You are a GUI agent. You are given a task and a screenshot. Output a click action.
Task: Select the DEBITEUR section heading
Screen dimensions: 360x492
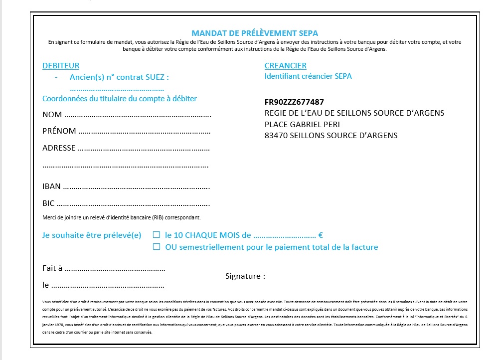(x=61, y=66)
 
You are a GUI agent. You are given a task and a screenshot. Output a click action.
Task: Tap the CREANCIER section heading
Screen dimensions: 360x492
(x=285, y=66)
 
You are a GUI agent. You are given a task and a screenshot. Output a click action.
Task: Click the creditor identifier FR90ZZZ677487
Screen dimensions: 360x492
(x=294, y=102)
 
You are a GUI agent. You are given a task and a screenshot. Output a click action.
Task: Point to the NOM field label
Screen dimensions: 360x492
(x=52, y=115)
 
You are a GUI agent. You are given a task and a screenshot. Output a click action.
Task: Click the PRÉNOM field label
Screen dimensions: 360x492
(x=59, y=131)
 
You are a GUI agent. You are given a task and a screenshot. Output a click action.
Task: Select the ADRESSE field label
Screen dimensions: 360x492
(x=59, y=148)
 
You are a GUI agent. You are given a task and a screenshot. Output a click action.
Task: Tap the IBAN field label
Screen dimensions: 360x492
(x=51, y=186)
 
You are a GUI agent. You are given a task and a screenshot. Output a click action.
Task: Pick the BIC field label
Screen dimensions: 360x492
(x=48, y=203)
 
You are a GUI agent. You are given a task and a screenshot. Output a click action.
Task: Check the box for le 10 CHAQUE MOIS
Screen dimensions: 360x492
(x=157, y=235)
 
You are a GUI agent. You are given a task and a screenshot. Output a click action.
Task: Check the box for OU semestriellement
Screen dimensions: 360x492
(x=157, y=247)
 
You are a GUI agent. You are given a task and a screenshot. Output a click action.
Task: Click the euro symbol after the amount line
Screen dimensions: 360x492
(x=321, y=235)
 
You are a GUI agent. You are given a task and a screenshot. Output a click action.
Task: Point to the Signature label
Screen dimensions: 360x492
(x=245, y=276)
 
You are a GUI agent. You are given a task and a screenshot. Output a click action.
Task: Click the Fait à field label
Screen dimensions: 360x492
(x=52, y=268)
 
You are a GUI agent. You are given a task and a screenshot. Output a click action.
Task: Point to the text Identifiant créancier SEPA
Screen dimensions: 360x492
(x=308, y=76)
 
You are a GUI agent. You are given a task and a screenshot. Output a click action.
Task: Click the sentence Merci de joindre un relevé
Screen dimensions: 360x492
(x=122, y=217)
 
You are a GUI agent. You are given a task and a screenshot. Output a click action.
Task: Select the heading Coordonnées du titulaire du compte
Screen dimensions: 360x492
(x=120, y=99)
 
